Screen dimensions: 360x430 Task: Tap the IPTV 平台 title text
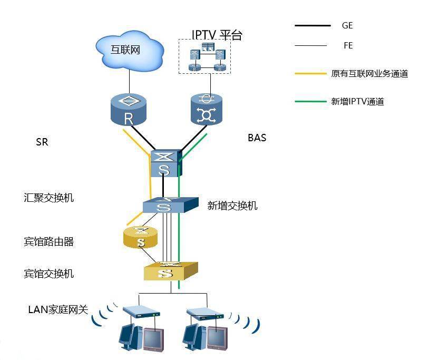pyautogui.click(x=217, y=35)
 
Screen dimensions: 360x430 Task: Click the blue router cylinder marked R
pyautogui.click(x=128, y=110)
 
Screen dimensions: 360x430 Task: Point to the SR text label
pyautogui.click(x=42, y=142)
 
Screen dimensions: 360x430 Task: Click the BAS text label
pyautogui.click(x=257, y=138)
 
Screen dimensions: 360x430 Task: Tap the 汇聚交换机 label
pyautogui.click(x=49, y=198)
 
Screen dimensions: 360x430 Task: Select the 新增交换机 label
pyautogui.click(x=232, y=206)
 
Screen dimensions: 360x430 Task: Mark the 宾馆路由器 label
pyautogui.click(x=48, y=242)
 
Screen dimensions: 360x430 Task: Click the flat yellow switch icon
pyautogui.click(x=170, y=271)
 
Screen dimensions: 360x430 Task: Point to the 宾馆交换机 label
pyautogui.click(x=48, y=274)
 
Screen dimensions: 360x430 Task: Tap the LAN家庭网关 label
pyautogui.click(x=57, y=309)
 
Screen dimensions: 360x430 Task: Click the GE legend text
pyautogui.click(x=347, y=25)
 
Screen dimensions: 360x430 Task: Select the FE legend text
pyautogui.click(x=348, y=46)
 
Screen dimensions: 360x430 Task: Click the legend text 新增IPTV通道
pyautogui.click(x=357, y=102)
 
